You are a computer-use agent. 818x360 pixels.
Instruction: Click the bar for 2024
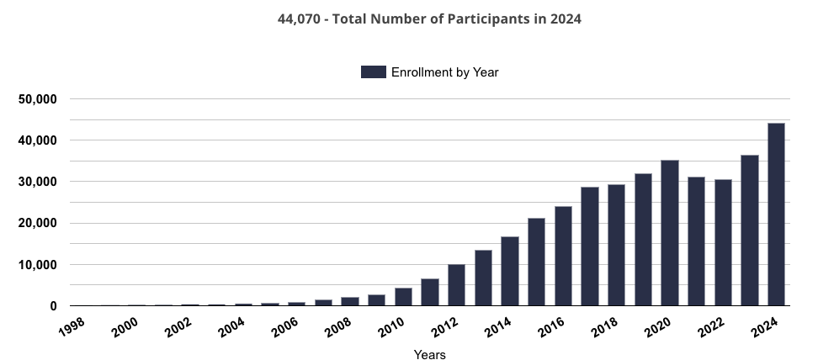click(x=776, y=214)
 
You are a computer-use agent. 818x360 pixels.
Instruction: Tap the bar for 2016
click(x=563, y=256)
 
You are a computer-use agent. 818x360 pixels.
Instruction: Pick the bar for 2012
click(x=456, y=285)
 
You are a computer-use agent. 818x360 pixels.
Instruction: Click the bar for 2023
click(x=750, y=230)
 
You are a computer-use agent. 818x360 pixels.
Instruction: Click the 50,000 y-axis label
click(x=36, y=99)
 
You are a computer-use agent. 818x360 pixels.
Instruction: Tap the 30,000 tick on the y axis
click(x=36, y=182)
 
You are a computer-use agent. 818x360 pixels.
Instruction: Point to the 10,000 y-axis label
click(x=36, y=265)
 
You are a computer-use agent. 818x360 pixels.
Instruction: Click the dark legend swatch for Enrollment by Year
click(x=373, y=72)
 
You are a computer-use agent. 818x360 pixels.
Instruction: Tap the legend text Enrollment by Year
click(x=444, y=72)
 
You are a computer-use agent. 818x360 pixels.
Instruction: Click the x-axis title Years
click(x=429, y=355)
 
